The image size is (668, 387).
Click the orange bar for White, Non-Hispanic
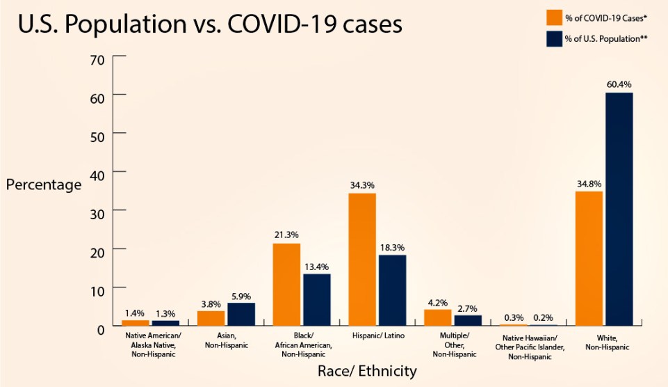point(589,258)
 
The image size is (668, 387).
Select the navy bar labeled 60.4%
point(619,209)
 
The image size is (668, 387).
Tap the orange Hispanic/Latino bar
point(362,259)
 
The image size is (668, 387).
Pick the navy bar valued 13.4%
point(317,299)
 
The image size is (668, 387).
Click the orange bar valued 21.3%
point(286,284)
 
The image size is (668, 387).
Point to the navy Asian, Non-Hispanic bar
point(241,314)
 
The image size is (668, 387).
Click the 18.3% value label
point(393,247)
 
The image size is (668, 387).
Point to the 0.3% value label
point(513,317)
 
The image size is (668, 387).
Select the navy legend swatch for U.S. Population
point(554,39)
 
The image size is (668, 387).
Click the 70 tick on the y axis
point(97,59)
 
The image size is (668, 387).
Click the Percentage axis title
point(44,185)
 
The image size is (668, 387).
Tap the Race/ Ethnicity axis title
point(367,371)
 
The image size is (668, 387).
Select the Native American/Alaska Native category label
point(152,345)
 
